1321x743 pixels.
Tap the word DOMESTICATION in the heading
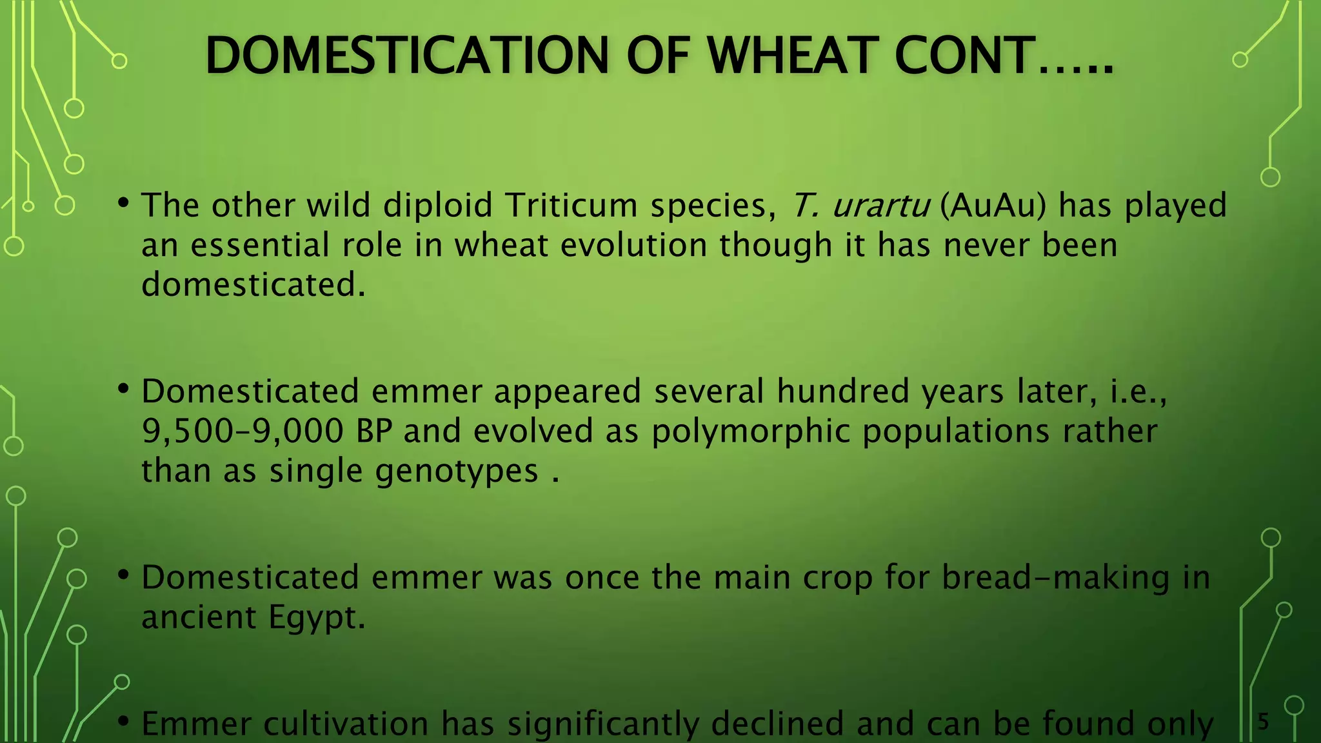coord(406,56)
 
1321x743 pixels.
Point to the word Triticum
coord(571,205)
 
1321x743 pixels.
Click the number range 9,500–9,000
coord(243,431)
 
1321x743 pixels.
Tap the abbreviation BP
coord(374,431)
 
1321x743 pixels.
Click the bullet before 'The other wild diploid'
coord(123,204)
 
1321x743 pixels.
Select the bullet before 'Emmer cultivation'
coord(123,722)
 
